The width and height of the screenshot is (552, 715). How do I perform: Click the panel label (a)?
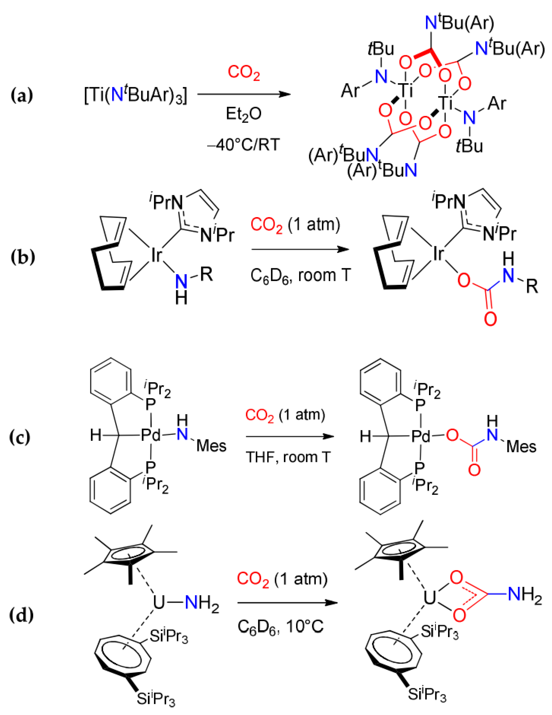tap(22, 96)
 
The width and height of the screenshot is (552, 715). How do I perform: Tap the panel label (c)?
tap(20, 437)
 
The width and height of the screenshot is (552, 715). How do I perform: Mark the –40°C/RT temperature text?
tap(243, 144)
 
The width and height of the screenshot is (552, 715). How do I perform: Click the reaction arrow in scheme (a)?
tap(244, 94)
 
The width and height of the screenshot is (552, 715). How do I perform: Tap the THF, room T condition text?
tap(288, 457)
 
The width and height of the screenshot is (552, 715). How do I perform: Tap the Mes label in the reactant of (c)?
tap(211, 446)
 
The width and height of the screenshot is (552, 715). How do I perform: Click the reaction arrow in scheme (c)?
tap(290, 437)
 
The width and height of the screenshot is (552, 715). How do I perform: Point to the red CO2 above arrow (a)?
tap(244, 72)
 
